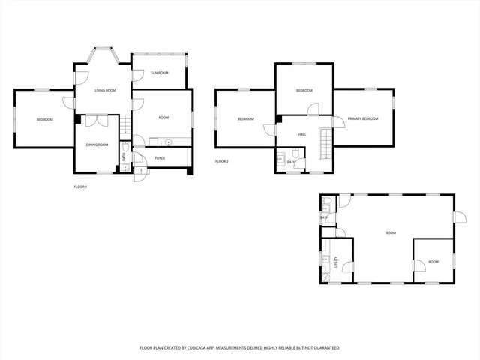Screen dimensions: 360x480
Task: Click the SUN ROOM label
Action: pyautogui.click(x=159, y=73)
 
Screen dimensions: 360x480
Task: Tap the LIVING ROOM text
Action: pyautogui.click(x=104, y=90)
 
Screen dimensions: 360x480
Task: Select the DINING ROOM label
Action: pyautogui.click(x=97, y=145)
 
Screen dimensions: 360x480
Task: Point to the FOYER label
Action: pyautogui.click(x=160, y=158)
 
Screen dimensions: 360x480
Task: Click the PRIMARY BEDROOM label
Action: pyautogui.click(x=363, y=119)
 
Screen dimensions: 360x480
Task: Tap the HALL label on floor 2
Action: pyautogui.click(x=302, y=134)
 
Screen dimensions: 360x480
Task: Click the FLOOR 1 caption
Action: pyautogui.click(x=80, y=187)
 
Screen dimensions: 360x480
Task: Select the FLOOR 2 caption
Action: pyautogui.click(x=221, y=161)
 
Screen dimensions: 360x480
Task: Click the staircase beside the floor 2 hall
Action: pyautogui.click(x=325, y=143)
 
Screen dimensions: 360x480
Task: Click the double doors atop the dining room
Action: pyautogui.click(x=96, y=120)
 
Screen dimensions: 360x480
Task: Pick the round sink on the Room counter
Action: pyautogui.click(x=169, y=141)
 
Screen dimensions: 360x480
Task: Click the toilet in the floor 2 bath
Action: pyautogui.click(x=280, y=160)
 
